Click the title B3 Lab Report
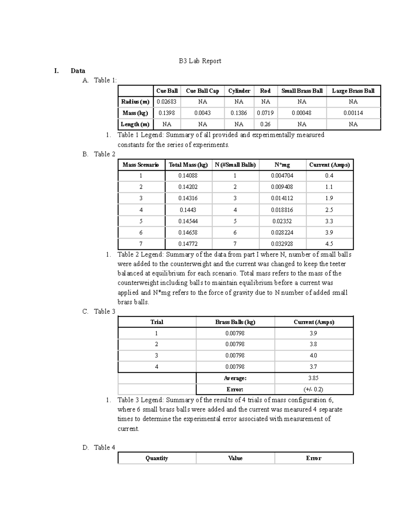[200, 61]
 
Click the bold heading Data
[78, 71]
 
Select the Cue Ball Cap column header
[202, 91]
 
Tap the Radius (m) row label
[135, 102]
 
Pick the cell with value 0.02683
[167, 102]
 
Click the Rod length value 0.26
[265, 124]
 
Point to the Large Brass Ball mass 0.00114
[353, 113]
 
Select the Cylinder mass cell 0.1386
[239, 113]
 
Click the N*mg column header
[282, 165]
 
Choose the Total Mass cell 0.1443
[188, 210]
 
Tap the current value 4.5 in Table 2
[329, 244]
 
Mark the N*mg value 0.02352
[282, 221]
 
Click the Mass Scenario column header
[141, 165]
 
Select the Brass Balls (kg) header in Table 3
[235, 322]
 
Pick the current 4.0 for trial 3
[313, 355]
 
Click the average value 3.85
[313, 378]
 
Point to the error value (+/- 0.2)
[313, 389]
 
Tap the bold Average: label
[235, 378]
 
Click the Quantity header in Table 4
[157, 458]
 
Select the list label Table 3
[104, 311]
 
